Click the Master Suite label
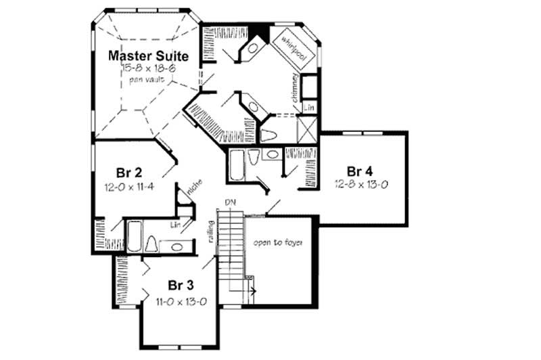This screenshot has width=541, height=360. coord(149,54)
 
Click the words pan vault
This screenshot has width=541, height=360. coord(149,80)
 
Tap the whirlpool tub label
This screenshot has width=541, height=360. coord(293,49)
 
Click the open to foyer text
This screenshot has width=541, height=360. coord(277,243)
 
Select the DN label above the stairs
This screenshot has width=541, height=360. coord(231,202)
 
